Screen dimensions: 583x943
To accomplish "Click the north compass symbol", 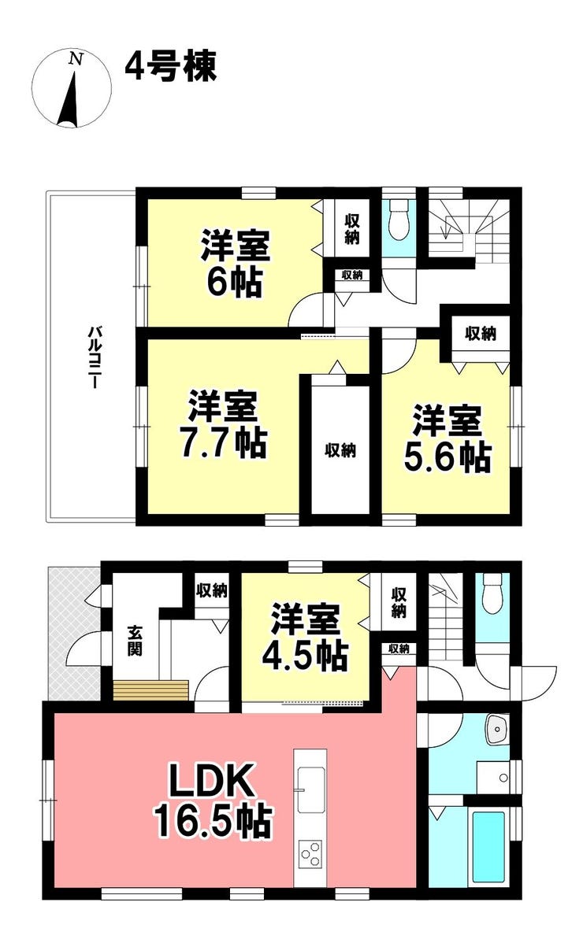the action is click(x=72, y=88).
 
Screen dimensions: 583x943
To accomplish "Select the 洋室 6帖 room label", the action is click(x=236, y=263).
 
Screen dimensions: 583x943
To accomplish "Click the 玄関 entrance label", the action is click(x=134, y=641).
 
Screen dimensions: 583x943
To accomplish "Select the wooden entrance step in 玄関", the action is click(x=151, y=690).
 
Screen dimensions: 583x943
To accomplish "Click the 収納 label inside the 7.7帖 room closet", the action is click(x=340, y=449).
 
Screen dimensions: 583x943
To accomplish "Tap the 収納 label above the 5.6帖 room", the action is click(x=481, y=333).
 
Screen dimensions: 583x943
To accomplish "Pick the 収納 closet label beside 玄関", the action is click(x=212, y=591).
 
